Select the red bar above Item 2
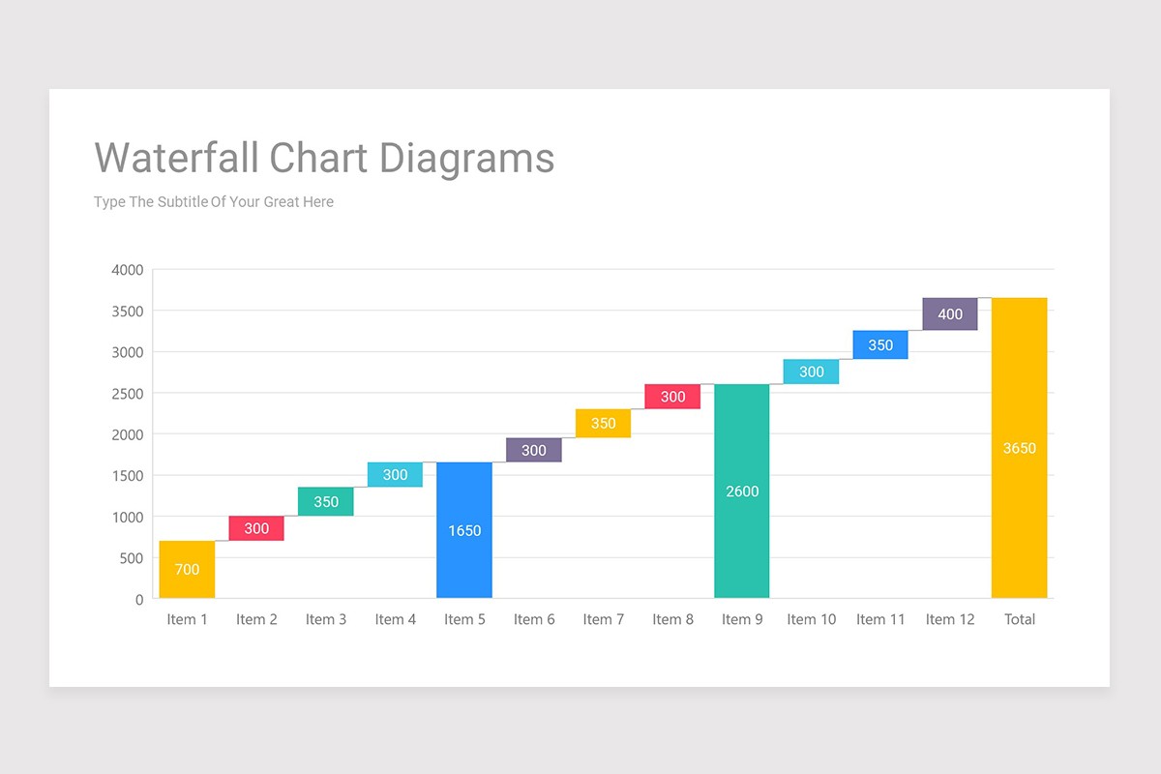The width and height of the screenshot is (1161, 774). [256, 528]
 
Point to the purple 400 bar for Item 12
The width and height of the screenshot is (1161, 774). [950, 314]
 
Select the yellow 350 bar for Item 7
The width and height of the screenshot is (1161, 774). [603, 424]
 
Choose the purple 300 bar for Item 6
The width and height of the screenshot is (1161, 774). [534, 450]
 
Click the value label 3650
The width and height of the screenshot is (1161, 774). [1019, 448]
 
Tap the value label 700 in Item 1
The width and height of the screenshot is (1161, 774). [187, 569]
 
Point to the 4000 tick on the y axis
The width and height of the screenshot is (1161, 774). [128, 270]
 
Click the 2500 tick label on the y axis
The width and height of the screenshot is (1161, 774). [128, 394]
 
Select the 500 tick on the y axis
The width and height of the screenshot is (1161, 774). [132, 558]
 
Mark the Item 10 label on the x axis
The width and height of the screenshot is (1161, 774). [811, 619]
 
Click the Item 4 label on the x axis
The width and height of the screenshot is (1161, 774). [395, 619]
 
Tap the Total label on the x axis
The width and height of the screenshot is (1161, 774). [1019, 619]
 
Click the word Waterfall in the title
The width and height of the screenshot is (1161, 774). [177, 158]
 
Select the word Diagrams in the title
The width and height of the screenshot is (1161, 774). [465, 158]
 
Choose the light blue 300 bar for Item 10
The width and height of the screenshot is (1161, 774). [811, 372]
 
